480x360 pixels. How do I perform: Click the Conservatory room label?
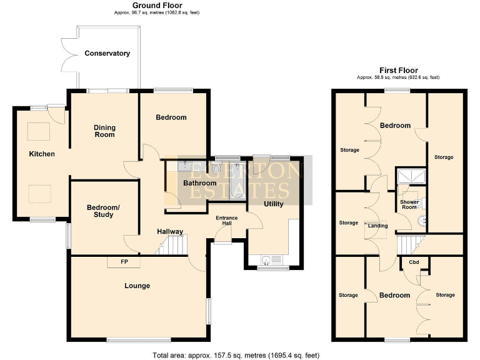[x=107, y=54]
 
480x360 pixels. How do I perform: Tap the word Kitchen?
[x=42, y=154]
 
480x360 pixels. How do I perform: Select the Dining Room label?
[x=104, y=131]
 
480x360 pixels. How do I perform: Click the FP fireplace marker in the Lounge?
[x=124, y=262]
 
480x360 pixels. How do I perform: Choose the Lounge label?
[x=137, y=286]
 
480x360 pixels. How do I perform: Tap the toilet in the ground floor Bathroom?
[x=216, y=169]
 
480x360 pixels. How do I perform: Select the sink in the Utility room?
[x=267, y=260]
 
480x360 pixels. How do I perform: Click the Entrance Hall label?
[x=226, y=221]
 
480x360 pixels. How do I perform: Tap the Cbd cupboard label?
[x=414, y=262]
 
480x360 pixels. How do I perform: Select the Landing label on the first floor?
[x=378, y=226]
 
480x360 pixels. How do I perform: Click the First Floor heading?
[x=398, y=71]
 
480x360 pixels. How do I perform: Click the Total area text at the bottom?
[x=240, y=354]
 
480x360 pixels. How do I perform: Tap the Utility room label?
[x=273, y=204]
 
